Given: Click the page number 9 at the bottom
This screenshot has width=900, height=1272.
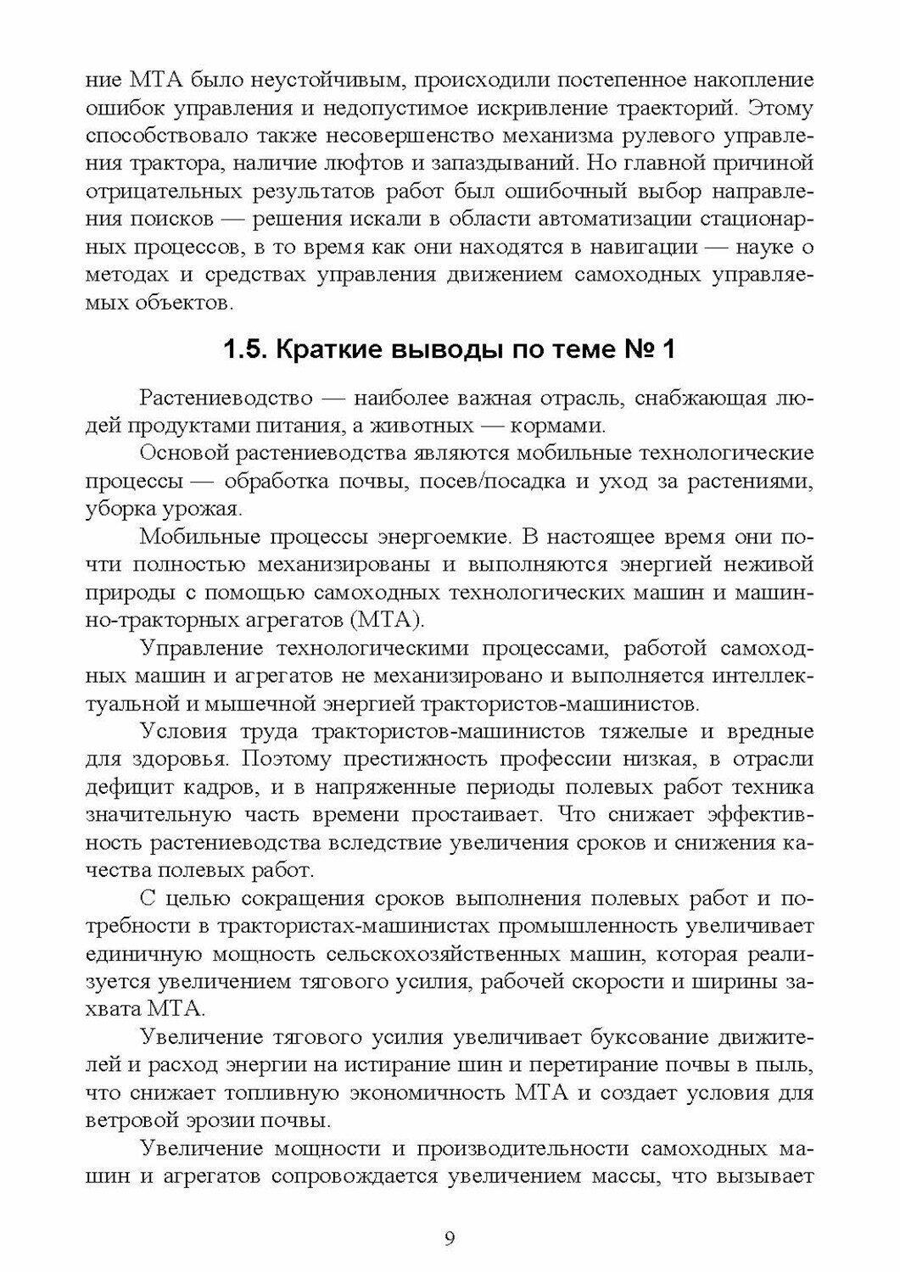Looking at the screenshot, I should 450,1239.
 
